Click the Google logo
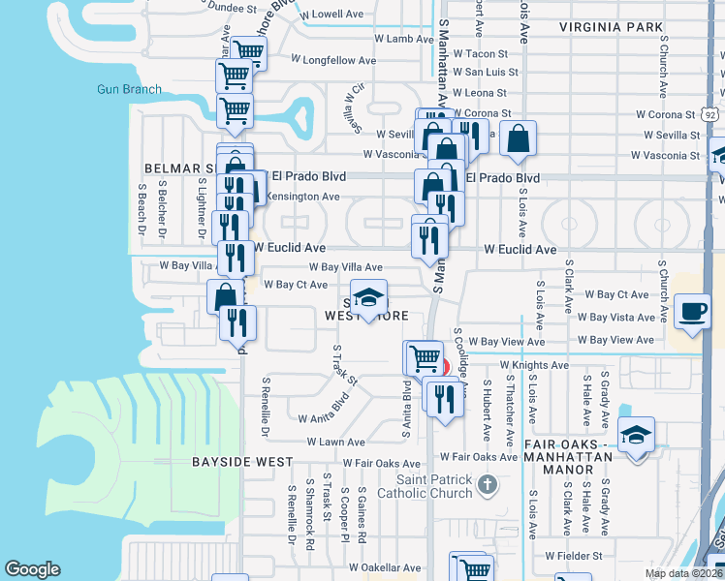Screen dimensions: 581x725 (33, 569)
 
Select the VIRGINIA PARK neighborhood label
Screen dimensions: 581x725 (612, 28)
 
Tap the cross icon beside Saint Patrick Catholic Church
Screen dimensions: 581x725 (489, 481)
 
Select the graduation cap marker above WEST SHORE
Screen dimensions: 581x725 (368, 299)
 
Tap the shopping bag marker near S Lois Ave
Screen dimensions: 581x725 (519, 139)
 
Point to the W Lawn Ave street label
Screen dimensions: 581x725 (335, 442)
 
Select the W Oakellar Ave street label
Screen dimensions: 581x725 (385, 567)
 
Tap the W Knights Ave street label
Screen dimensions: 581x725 (533, 365)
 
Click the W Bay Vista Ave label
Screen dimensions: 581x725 (615, 318)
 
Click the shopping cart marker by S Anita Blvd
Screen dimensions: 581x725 (424, 357)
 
